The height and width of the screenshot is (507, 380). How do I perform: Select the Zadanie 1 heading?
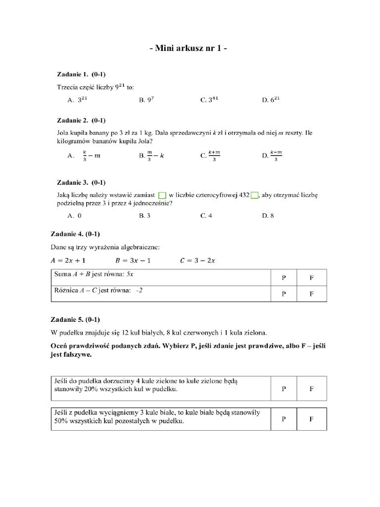point(81,74)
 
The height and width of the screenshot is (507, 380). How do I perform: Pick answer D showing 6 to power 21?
point(272,100)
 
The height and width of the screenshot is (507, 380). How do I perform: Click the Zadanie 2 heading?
point(81,120)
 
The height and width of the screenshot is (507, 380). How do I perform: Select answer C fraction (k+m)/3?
point(210,156)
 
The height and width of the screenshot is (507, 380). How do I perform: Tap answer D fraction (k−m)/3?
point(272,156)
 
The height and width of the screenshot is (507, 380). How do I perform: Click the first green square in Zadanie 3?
point(162,195)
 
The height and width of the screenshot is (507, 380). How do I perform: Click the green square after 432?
point(254,195)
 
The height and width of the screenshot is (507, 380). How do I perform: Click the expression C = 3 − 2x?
point(197,260)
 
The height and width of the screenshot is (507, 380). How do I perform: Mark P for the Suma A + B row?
point(284,278)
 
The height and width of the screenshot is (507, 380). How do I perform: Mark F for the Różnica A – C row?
point(312,294)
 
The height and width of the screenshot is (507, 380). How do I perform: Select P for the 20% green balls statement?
point(284,389)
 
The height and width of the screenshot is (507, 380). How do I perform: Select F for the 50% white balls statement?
point(312,419)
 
